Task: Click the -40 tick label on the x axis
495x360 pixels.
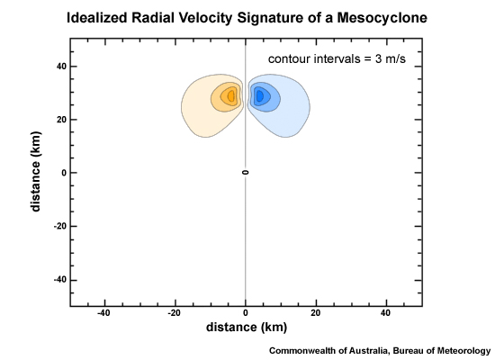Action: coord(104,313)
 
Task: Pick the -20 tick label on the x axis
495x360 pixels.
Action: coord(175,313)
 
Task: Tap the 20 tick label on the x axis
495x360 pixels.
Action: coord(316,313)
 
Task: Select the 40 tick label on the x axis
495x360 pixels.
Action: coord(386,313)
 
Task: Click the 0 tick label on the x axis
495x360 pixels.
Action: coord(246,313)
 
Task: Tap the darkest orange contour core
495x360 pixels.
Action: coord(231,95)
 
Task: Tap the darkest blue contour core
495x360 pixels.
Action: coord(259,95)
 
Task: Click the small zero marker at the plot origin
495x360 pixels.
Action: coord(246,172)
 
